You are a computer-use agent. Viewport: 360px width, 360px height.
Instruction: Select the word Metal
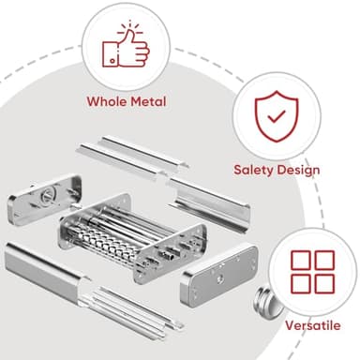pyautogui.click(x=148, y=101)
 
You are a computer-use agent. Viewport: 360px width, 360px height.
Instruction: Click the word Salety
pyautogui.click(x=256, y=171)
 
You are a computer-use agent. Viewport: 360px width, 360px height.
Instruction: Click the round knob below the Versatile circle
pyautogui.click(x=264, y=306)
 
